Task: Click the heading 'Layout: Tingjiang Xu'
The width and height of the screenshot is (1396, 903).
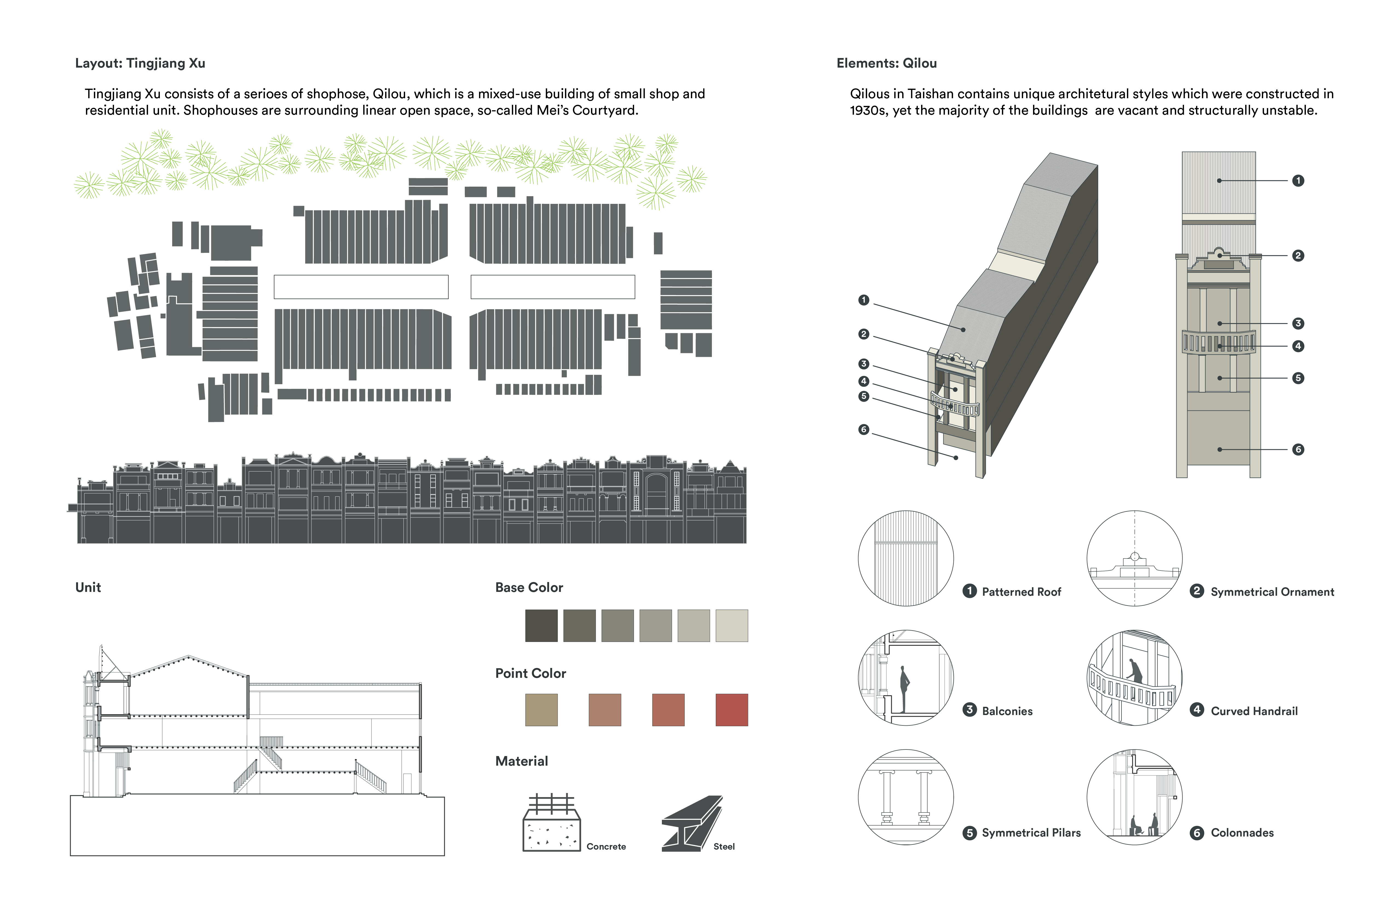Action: pyautogui.click(x=140, y=63)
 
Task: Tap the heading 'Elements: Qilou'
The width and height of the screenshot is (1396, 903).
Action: pyautogui.click(x=886, y=63)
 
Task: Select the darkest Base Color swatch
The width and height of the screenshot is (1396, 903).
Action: pyautogui.click(x=541, y=626)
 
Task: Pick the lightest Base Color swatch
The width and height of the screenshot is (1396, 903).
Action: pyautogui.click(x=731, y=626)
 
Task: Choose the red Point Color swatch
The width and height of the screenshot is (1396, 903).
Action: pyautogui.click(x=731, y=710)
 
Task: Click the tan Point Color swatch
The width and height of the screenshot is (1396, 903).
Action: pyautogui.click(x=541, y=710)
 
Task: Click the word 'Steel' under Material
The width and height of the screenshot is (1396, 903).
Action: pyautogui.click(x=724, y=847)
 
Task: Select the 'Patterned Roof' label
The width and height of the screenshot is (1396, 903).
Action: pyautogui.click(x=1021, y=592)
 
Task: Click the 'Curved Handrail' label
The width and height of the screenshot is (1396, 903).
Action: pyautogui.click(x=1254, y=711)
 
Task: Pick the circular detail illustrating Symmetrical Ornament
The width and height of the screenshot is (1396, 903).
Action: pyautogui.click(x=1134, y=558)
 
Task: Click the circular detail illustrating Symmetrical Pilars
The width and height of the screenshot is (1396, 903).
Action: pyautogui.click(x=906, y=797)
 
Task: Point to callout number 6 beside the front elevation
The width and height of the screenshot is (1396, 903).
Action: pyautogui.click(x=1298, y=450)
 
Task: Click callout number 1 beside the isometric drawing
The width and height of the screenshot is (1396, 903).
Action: pyautogui.click(x=863, y=300)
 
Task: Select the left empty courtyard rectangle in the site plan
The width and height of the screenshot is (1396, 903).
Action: pyautogui.click(x=361, y=287)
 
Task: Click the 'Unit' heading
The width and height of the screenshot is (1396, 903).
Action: pyautogui.click(x=88, y=587)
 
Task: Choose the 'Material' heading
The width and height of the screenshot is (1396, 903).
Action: pyautogui.click(x=521, y=761)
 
